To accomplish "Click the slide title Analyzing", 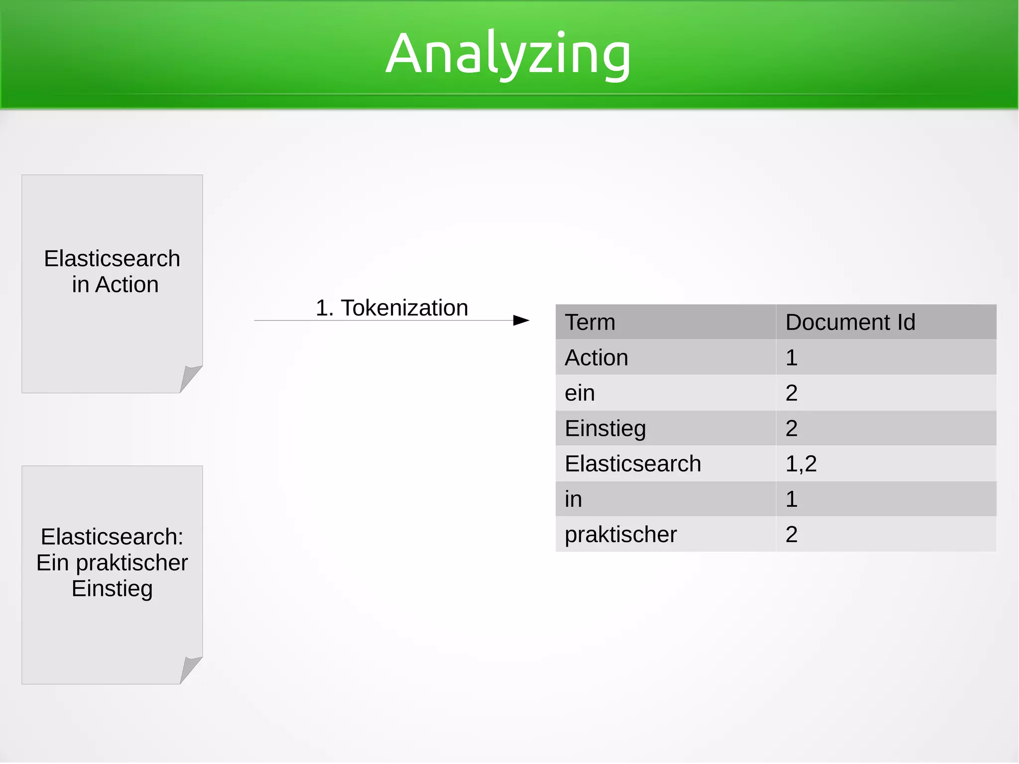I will [508, 54].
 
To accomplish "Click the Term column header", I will [590, 322].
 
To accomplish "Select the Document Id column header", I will [850, 322].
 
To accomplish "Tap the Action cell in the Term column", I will [596, 357].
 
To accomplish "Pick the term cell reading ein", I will [580, 393].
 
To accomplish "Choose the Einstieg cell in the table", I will [605, 428].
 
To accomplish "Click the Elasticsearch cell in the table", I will [632, 463].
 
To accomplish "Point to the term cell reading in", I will [573, 499].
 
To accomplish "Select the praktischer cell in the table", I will [620, 534].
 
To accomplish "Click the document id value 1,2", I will [801, 463].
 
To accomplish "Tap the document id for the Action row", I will [792, 357].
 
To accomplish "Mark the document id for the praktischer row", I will [792, 534].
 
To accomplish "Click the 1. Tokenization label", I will [392, 308].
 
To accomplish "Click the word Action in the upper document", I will [127, 285].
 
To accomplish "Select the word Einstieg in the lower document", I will [112, 588].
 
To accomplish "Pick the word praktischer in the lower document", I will [132, 562].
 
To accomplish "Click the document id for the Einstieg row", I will [792, 428].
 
